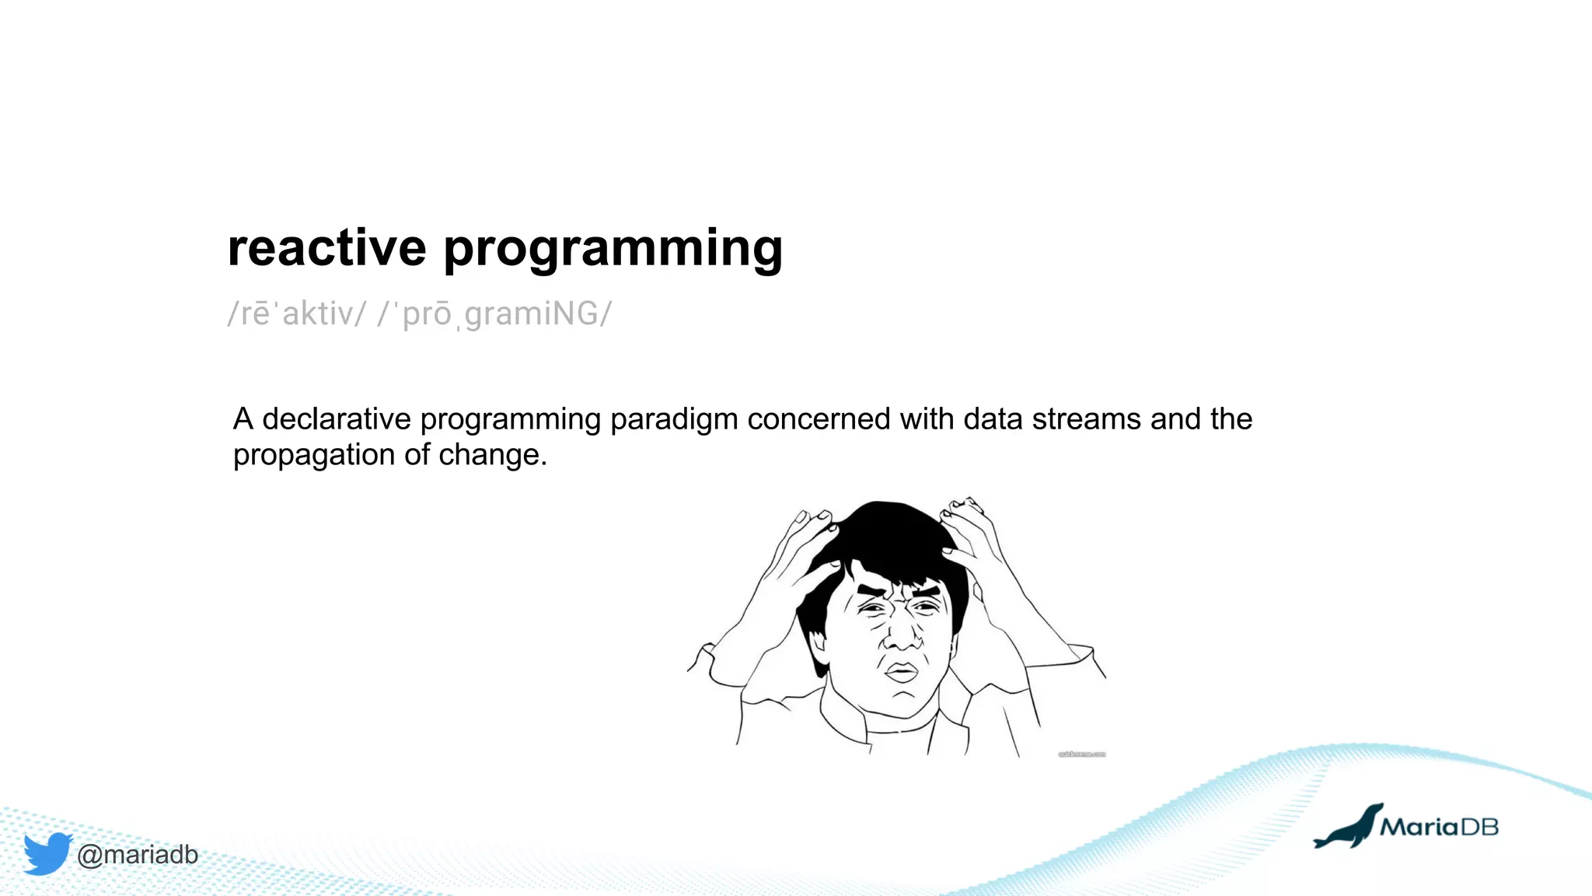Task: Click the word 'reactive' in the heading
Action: [x=326, y=249]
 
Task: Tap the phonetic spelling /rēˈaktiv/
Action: [x=296, y=314]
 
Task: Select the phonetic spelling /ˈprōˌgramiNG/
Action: [x=495, y=314]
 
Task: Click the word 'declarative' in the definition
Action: [x=336, y=419]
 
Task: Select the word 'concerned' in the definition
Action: [x=819, y=419]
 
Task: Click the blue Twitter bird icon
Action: [x=47, y=853]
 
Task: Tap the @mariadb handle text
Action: [x=138, y=855]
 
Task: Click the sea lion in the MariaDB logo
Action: [x=1349, y=828]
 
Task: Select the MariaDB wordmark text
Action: [x=1439, y=827]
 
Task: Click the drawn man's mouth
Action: [x=902, y=672]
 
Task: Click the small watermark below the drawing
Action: [x=1081, y=754]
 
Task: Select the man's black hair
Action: [x=886, y=537]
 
